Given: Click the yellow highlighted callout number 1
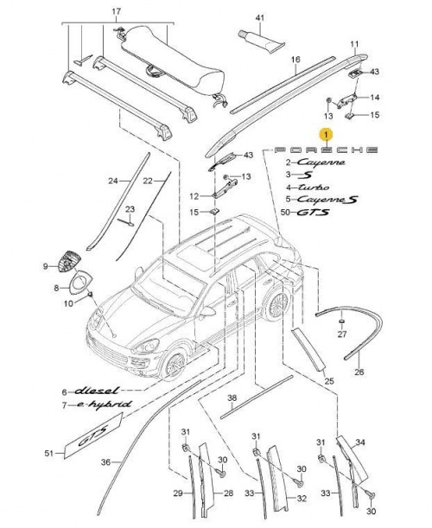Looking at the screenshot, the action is point(326,135).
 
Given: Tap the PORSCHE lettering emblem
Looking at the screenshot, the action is point(327,149).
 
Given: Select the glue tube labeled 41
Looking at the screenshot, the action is point(261,41).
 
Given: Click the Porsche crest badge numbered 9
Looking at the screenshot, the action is point(69,261).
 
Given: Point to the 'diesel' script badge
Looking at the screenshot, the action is point(96,391).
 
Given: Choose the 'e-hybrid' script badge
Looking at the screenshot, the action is point(104,404).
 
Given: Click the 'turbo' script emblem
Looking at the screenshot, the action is point(314,188).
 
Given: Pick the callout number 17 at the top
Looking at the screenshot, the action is point(116,11).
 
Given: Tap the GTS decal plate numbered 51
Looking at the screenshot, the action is point(93,436).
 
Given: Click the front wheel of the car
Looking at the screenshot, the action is point(174,365).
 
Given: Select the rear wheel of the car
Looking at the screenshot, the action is point(276,305).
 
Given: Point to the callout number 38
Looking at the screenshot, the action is point(232,398).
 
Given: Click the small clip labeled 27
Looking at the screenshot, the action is point(342,321).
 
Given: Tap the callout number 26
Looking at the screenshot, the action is point(359,372).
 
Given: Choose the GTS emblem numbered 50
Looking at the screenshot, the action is point(313,212).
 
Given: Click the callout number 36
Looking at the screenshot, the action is point(105,462).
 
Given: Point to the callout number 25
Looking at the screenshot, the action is point(329,381).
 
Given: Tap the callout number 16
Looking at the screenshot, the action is point(295,60).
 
